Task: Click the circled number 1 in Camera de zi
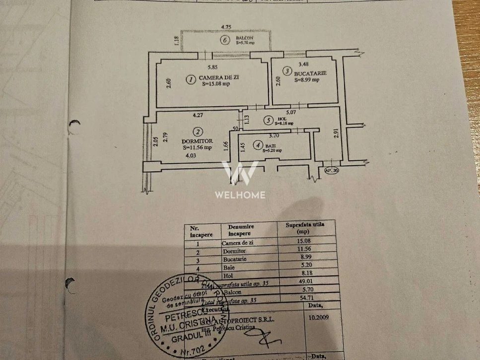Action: pyautogui.click(x=190, y=78)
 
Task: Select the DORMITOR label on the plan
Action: pyautogui.click(x=197, y=141)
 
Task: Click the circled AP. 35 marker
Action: pyautogui.click(x=331, y=171)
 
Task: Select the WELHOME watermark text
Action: pyautogui.click(x=240, y=195)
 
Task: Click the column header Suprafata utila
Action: pyautogui.click(x=305, y=227)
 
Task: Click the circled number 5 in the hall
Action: pyautogui.click(x=268, y=120)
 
